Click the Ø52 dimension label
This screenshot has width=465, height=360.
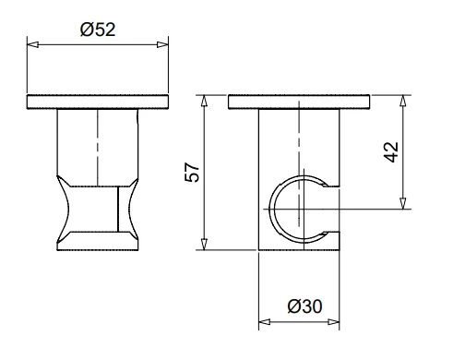[x=98, y=30]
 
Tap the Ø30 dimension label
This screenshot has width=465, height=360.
[x=304, y=306]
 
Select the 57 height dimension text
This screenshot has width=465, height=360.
[x=192, y=173]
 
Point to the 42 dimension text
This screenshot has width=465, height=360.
[x=391, y=152]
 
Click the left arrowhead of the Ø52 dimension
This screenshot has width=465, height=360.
[x=33, y=44]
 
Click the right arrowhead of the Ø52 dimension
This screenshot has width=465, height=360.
[x=162, y=44]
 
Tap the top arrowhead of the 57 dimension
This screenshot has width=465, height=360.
[x=204, y=101]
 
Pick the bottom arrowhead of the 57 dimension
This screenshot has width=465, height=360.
[x=204, y=244]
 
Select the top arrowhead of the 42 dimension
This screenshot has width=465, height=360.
[x=403, y=101]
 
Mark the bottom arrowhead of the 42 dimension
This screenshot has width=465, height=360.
[x=403, y=203]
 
